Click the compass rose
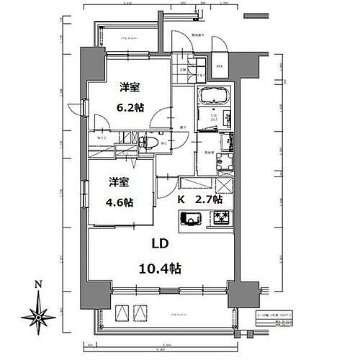(37, 314)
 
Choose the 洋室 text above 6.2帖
(130, 88)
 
